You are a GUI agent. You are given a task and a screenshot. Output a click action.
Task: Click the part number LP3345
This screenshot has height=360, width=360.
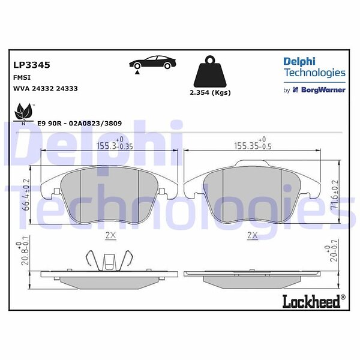point(32,65)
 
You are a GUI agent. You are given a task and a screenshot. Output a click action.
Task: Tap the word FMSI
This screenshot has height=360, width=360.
point(22,77)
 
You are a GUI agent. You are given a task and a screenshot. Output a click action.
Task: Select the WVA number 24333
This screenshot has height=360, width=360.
point(67,88)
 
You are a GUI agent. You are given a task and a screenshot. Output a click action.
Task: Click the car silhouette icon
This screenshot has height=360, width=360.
point(152,62)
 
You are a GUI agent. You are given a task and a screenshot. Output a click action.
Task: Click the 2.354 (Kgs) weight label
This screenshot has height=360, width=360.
point(210,92)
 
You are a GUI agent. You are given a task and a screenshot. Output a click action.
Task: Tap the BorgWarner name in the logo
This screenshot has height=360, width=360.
point(323,90)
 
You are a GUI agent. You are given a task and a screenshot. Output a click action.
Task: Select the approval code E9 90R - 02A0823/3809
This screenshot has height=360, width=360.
point(79,123)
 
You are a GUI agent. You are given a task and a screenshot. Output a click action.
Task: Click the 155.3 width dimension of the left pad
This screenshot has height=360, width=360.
point(115,144)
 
